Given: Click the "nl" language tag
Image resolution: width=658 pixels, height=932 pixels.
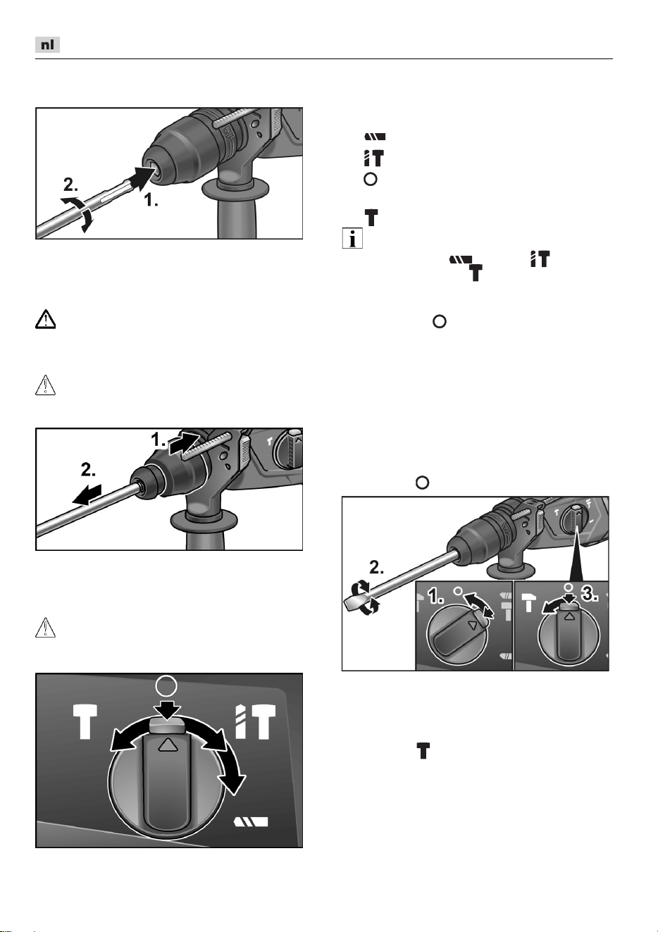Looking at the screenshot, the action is coord(47,44).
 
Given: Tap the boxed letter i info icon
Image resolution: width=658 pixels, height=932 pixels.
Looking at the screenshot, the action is coord(352,238).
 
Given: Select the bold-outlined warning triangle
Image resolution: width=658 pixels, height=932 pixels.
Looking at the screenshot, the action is coord(45,320).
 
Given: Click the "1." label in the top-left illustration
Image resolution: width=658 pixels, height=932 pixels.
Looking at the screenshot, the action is coord(151,200).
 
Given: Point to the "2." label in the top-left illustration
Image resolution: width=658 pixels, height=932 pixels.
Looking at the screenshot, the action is coord(70,185).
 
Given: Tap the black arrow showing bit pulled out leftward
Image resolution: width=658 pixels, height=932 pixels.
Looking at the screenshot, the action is coord(87,495).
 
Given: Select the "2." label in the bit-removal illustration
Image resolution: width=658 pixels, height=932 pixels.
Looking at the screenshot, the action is coord(88,470).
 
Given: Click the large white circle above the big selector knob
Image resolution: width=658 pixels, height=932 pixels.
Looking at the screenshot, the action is coord(166,697).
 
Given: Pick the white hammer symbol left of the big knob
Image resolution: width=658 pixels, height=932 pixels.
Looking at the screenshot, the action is coord(85,722).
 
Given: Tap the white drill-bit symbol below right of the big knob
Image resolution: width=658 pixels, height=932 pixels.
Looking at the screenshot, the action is coord(252,821).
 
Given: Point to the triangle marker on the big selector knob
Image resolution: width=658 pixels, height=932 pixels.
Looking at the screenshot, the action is coord(167,745).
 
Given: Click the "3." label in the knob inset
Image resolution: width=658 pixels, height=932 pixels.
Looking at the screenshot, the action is coord(590,595).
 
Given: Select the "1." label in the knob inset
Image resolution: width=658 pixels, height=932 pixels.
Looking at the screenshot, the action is coord(436,597).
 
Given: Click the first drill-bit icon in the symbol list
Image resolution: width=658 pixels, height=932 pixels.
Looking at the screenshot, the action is coord(375,137).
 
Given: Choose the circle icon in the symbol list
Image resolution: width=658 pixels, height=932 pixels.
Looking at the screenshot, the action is coord(371,180).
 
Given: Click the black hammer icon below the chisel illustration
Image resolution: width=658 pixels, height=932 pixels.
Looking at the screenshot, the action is coord(423,751).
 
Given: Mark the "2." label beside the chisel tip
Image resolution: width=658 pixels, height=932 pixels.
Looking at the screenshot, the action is coord(376,568).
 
